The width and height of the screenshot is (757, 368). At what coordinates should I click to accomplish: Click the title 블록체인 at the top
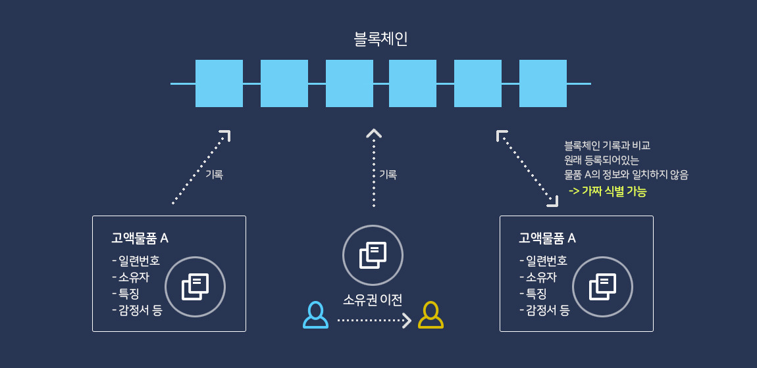380,39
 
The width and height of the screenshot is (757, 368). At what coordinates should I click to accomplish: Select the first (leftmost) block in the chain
219,83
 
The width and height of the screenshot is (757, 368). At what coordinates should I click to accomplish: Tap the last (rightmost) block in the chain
542,83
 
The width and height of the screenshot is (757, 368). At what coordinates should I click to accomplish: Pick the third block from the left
349,83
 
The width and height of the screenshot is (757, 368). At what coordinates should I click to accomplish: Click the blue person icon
315,315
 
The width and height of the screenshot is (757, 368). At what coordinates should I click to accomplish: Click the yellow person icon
431,315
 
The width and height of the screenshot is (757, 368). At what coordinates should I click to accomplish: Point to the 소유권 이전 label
373,300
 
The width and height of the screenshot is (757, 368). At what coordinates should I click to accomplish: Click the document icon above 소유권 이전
373,255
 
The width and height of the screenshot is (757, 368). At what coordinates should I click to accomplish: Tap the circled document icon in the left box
195,287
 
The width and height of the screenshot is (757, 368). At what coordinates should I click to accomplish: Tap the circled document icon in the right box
602,287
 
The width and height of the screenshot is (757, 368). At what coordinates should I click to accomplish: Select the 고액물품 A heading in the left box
140,238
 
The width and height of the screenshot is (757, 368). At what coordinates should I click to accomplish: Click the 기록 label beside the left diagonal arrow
214,175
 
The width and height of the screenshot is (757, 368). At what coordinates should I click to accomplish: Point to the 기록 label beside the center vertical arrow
388,175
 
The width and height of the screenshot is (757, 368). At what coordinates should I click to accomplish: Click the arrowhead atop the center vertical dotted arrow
373,133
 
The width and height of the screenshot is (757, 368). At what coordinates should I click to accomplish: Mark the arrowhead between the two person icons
407,321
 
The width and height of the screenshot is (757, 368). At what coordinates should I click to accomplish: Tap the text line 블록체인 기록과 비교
607,145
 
